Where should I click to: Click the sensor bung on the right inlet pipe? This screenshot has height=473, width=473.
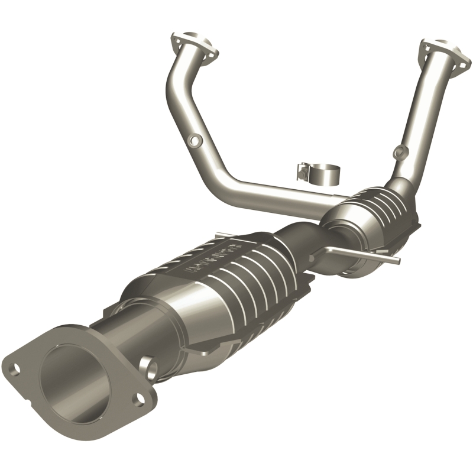tap(400, 150)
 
